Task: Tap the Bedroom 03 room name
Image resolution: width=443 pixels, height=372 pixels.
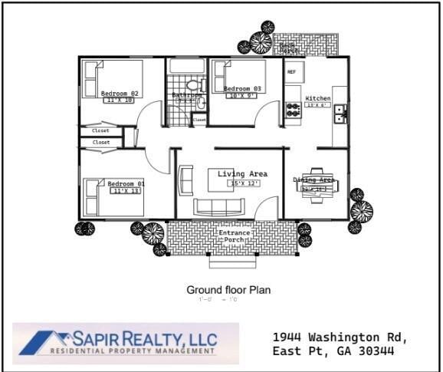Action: pos(242,89)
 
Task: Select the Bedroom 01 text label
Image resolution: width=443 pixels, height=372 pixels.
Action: pos(126,184)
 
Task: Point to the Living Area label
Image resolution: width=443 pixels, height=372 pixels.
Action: pos(242,174)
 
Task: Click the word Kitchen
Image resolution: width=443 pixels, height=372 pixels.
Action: pos(318,99)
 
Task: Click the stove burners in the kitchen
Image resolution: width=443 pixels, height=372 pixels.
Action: pos(293,110)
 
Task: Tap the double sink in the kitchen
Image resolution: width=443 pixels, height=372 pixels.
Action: pos(340,114)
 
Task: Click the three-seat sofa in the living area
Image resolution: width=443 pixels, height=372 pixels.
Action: pos(218,207)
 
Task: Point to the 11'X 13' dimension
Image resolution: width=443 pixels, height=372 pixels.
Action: pos(126,192)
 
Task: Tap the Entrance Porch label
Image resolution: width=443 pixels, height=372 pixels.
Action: pos(233,236)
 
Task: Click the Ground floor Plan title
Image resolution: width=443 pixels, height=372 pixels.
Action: pos(228,290)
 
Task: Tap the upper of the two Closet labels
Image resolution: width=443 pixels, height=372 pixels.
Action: pos(101,131)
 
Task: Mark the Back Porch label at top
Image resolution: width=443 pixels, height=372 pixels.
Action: pos(290,47)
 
